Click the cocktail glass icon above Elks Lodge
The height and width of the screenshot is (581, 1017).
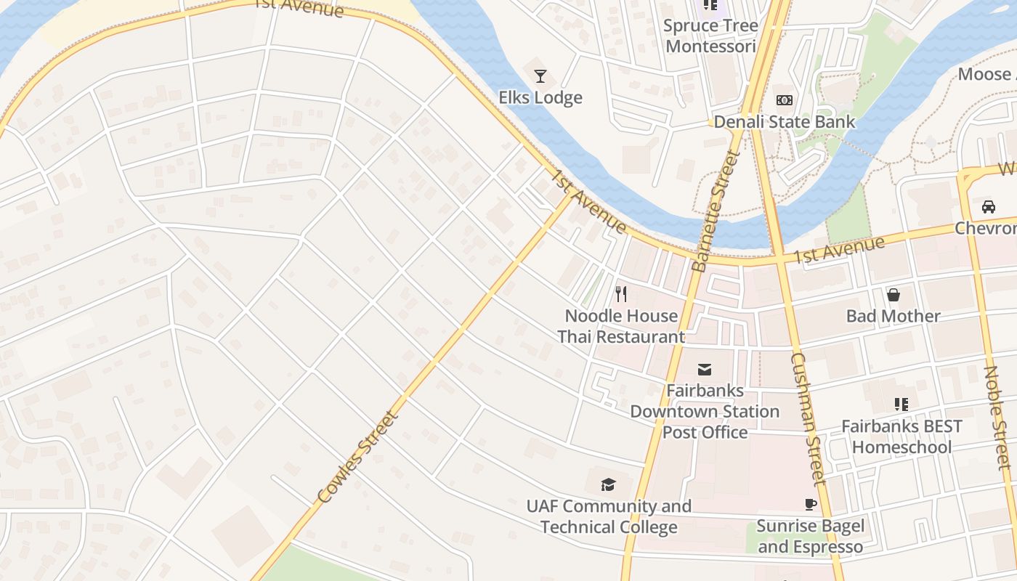point(540,76)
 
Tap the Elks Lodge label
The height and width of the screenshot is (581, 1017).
point(540,97)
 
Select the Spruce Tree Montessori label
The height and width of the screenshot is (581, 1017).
point(710,36)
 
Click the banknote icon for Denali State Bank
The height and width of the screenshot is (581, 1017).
point(784,100)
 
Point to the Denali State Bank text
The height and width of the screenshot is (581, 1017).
point(784,121)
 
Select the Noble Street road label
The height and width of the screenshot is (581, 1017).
point(997,417)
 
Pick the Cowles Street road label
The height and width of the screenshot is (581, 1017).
point(358,458)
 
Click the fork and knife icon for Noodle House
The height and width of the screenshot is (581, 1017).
point(620,294)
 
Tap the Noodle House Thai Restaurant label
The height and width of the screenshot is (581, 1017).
point(621,326)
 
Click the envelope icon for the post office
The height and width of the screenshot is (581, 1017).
point(705,370)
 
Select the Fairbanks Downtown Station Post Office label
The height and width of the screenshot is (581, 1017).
point(705,411)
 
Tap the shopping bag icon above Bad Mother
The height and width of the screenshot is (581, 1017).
point(893,295)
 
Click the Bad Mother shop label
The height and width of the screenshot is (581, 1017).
point(893,316)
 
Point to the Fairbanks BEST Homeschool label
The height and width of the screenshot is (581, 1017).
point(901,436)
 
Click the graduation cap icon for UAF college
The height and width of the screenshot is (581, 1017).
point(608,484)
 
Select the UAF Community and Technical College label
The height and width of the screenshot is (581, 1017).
point(609,516)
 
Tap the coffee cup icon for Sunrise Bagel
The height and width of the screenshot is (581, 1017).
point(810,505)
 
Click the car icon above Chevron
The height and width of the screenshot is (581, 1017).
point(988,207)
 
